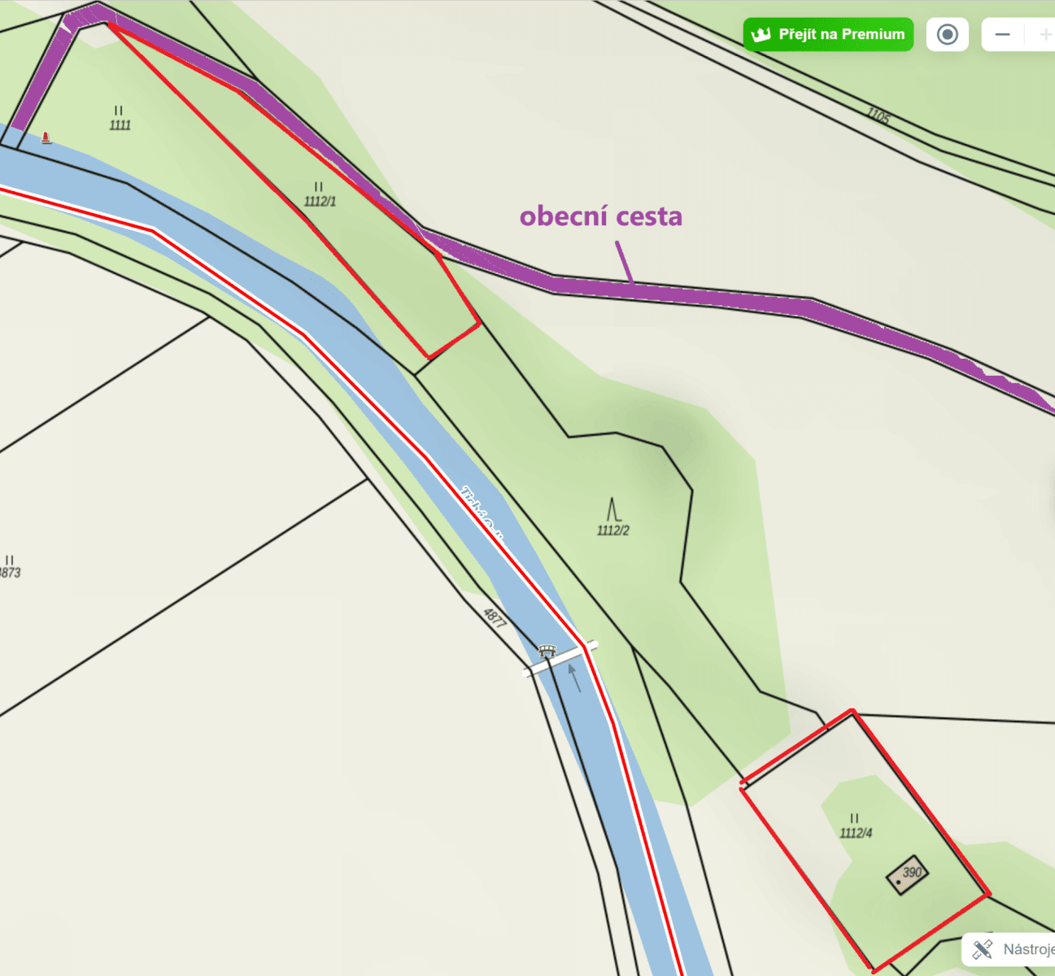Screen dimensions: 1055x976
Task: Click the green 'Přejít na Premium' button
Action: pyautogui.click(x=828, y=35)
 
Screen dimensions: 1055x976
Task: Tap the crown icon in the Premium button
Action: pyautogui.click(x=761, y=35)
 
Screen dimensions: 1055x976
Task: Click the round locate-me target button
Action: pyautogui.click(x=947, y=35)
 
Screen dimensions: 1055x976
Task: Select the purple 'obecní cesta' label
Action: pyautogui.click(x=600, y=216)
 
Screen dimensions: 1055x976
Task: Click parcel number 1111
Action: pyautogui.click(x=120, y=125)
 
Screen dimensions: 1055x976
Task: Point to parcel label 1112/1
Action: pyautogui.click(x=320, y=201)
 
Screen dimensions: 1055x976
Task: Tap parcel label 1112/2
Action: pyautogui.click(x=613, y=530)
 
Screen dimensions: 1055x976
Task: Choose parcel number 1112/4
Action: pyautogui.click(x=856, y=833)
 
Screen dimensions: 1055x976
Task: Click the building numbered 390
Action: pyautogui.click(x=907, y=875)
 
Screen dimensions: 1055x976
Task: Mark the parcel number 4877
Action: pyautogui.click(x=495, y=618)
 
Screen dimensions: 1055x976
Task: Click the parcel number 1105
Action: pyautogui.click(x=878, y=115)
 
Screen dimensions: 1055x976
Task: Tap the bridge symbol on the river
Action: pyautogui.click(x=547, y=651)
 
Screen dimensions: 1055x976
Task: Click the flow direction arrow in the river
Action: pyautogui.click(x=574, y=678)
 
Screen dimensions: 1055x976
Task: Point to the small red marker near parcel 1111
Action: pyautogui.click(x=46, y=138)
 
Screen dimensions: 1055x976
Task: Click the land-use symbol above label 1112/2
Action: pyautogui.click(x=613, y=510)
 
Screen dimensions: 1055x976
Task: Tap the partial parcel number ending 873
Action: pyautogui.click(x=10, y=573)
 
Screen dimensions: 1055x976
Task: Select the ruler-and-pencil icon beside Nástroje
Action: pyautogui.click(x=983, y=949)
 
